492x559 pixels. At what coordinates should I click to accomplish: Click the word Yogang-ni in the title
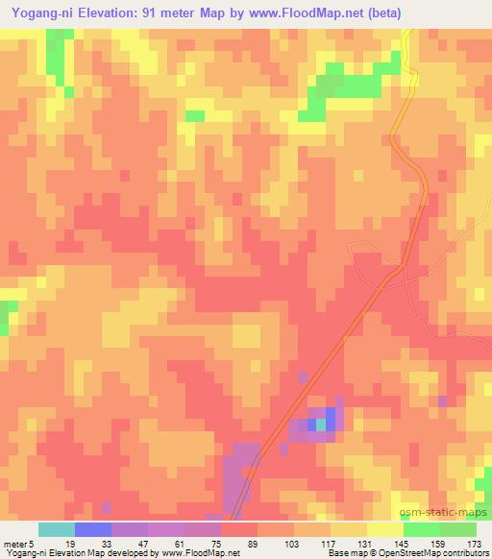(x=38, y=13)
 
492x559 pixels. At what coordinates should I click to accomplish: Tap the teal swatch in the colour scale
(x=56, y=529)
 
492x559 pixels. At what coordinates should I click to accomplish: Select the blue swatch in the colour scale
(x=92, y=529)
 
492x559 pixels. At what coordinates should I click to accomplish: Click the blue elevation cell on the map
(x=331, y=419)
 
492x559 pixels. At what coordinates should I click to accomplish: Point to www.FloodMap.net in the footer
(x=200, y=553)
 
